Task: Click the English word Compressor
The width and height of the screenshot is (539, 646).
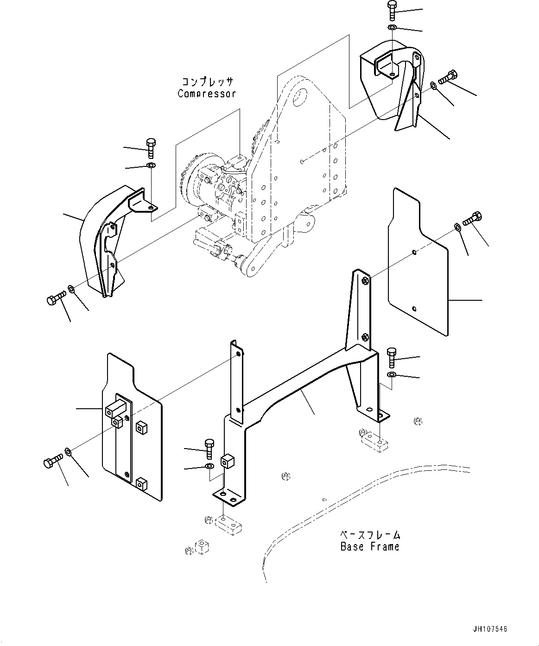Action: click(x=207, y=94)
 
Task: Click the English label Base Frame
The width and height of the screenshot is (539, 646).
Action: click(x=370, y=547)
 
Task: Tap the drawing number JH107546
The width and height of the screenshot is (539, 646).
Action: click(x=490, y=629)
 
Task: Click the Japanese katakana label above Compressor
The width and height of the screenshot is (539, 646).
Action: click(x=207, y=82)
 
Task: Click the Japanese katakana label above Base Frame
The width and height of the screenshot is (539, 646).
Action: click(x=370, y=535)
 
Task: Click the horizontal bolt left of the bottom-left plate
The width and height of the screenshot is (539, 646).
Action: click(x=52, y=462)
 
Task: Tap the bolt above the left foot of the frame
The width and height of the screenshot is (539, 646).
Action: click(x=209, y=446)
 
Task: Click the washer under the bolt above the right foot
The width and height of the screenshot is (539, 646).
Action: click(x=392, y=374)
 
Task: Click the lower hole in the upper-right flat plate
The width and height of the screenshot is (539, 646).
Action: click(x=414, y=309)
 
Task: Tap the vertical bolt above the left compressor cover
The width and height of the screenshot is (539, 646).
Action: click(x=151, y=147)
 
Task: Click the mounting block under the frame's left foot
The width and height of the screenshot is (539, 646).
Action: click(x=227, y=525)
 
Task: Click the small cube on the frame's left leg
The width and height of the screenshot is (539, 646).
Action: click(x=227, y=462)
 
